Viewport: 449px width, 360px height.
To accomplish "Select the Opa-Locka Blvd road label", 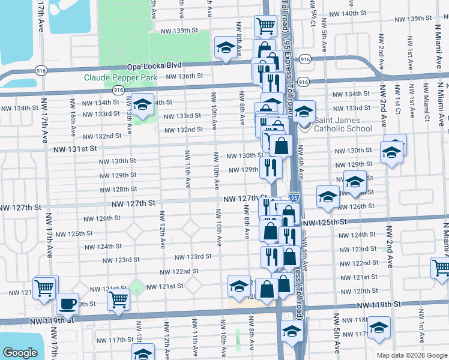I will pos(153,67).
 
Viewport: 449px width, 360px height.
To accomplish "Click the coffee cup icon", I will pos(68,303).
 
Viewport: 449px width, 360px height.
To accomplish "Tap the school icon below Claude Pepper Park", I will pos(143,105).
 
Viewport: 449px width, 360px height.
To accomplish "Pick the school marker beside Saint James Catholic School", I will pos(304,112).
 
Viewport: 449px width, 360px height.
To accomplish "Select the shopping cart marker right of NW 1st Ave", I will pos(441,266).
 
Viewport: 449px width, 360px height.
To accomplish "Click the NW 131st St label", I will pos(74,149).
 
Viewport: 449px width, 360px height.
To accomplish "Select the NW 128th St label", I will pos(117,190).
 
